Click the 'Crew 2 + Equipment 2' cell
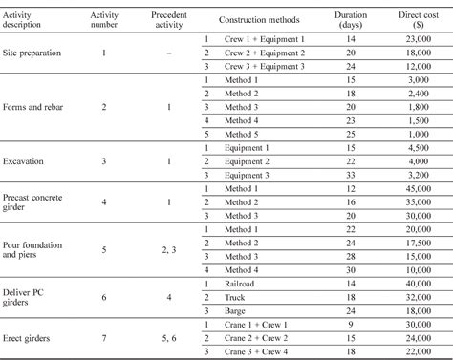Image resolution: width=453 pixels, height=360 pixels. [266, 53]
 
